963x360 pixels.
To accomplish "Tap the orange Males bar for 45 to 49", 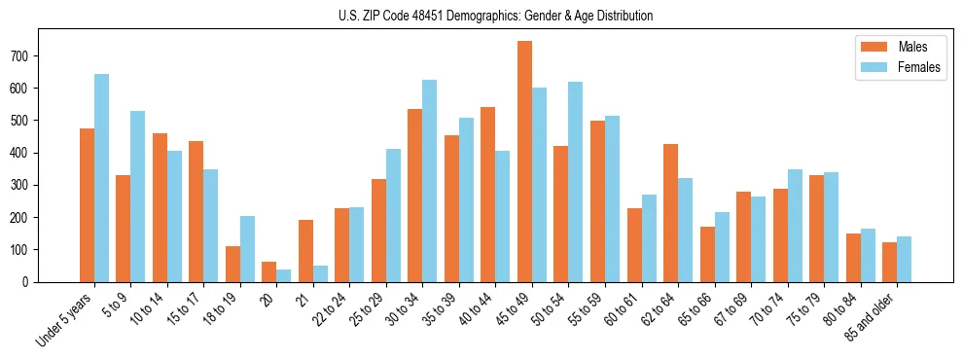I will (x=524, y=162).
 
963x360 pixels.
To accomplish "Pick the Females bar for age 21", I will (x=320, y=273).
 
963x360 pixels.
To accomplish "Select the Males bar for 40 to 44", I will (x=488, y=195).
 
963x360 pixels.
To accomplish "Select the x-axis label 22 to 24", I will (x=332, y=311).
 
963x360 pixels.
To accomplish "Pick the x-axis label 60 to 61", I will (x=624, y=311).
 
